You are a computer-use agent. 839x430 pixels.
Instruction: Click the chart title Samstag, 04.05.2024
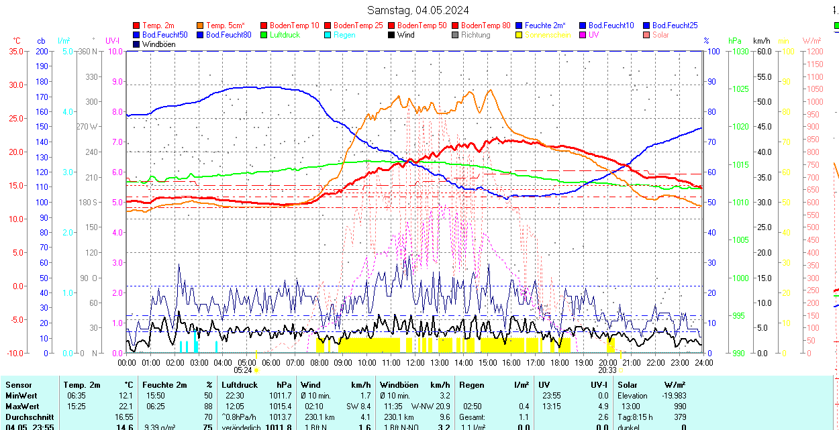tap(418, 10)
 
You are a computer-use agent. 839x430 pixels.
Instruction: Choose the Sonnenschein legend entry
tap(548, 35)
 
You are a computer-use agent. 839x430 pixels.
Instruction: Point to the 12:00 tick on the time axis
tap(415, 362)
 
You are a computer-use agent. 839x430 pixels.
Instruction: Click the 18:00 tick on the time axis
tap(559, 362)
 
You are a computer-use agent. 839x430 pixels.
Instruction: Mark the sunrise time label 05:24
tap(243, 370)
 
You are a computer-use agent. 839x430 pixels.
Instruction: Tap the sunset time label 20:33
tap(607, 370)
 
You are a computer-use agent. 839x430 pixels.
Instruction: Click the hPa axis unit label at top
tap(735, 41)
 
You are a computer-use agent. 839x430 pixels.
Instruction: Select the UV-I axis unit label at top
tap(113, 41)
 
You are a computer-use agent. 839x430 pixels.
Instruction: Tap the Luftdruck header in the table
tap(240, 385)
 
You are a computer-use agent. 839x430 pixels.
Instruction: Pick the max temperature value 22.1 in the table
tap(125, 407)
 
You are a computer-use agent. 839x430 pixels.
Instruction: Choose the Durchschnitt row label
tap(30, 417)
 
